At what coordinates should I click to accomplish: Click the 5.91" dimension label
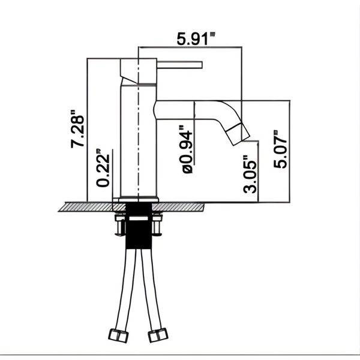click(x=196, y=38)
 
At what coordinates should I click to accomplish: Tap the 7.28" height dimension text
click(x=77, y=129)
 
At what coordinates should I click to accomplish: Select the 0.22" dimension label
click(x=103, y=168)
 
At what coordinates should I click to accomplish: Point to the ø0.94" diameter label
click(x=187, y=149)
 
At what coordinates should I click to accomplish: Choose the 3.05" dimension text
click(x=250, y=174)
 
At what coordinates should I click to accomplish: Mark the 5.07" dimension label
click(x=280, y=149)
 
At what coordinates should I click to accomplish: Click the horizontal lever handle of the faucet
click(x=179, y=65)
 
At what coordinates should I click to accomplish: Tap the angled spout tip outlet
click(x=238, y=134)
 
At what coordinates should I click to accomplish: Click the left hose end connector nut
click(x=118, y=335)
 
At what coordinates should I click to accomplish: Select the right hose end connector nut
click(x=158, y=335)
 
